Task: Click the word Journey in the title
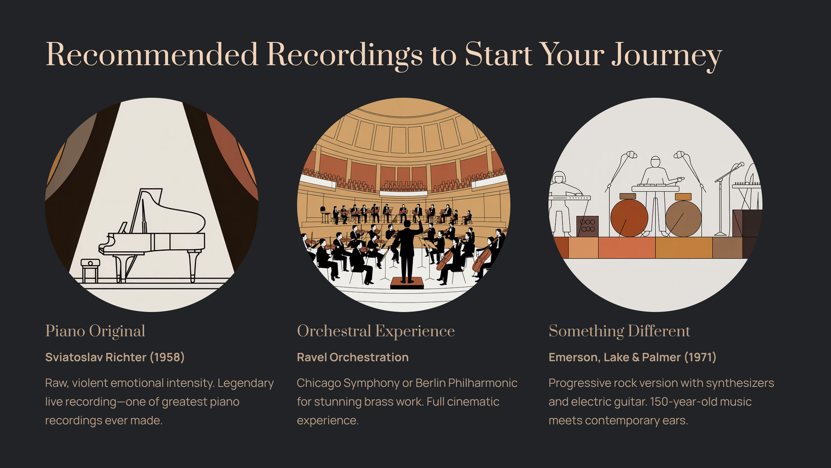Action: coord(667,56)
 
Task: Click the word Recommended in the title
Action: coord(151,54)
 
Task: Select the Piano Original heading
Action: coord(95,331)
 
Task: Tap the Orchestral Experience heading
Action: coord(376,331)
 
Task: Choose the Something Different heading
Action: coord(619,331)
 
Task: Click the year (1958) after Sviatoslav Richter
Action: coord(167,357)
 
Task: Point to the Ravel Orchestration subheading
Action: coord(353,357)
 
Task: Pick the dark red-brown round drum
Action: coord(629,218)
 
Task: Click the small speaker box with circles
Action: coord(587,226)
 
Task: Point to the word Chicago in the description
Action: coord(319,383)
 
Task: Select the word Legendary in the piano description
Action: coord(246,383)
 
